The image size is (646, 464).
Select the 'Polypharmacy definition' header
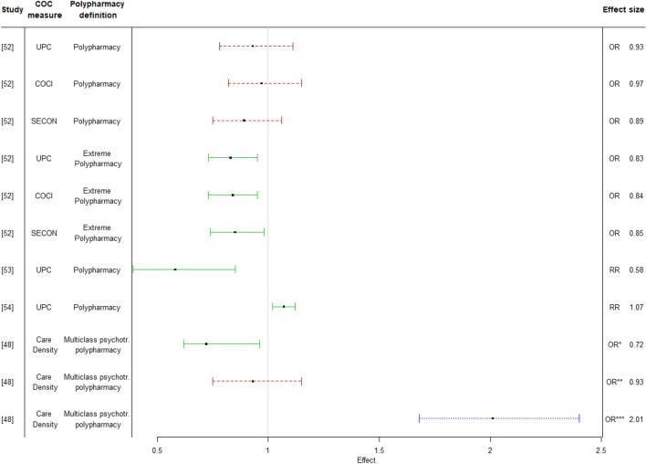[x=98, y=9]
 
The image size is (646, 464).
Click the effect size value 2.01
[x=636, y=418]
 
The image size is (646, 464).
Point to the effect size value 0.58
[x=636, y=269]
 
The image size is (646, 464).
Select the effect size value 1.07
[x=636, y=307]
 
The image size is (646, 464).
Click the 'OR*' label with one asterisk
[x=615, y=343]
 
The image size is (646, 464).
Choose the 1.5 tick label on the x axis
[x=379, y=450]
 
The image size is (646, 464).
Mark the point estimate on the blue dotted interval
[x=493, y=418]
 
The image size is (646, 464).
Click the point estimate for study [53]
[x=174, y=269]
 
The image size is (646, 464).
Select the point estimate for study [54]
[x=283, y=307]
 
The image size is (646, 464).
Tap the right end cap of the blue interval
[x=579, y=418]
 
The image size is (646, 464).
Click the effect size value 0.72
[x=636, y=343]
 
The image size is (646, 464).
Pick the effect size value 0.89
[x=636, y=121]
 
